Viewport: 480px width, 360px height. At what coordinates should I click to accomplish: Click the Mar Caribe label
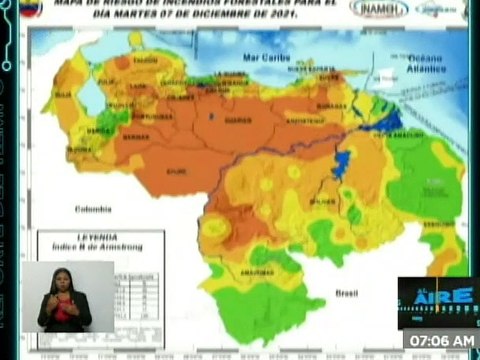point(272,57)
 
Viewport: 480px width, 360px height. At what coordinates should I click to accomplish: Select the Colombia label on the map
point(92,209)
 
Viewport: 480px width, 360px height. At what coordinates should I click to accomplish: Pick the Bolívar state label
point(323,200)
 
